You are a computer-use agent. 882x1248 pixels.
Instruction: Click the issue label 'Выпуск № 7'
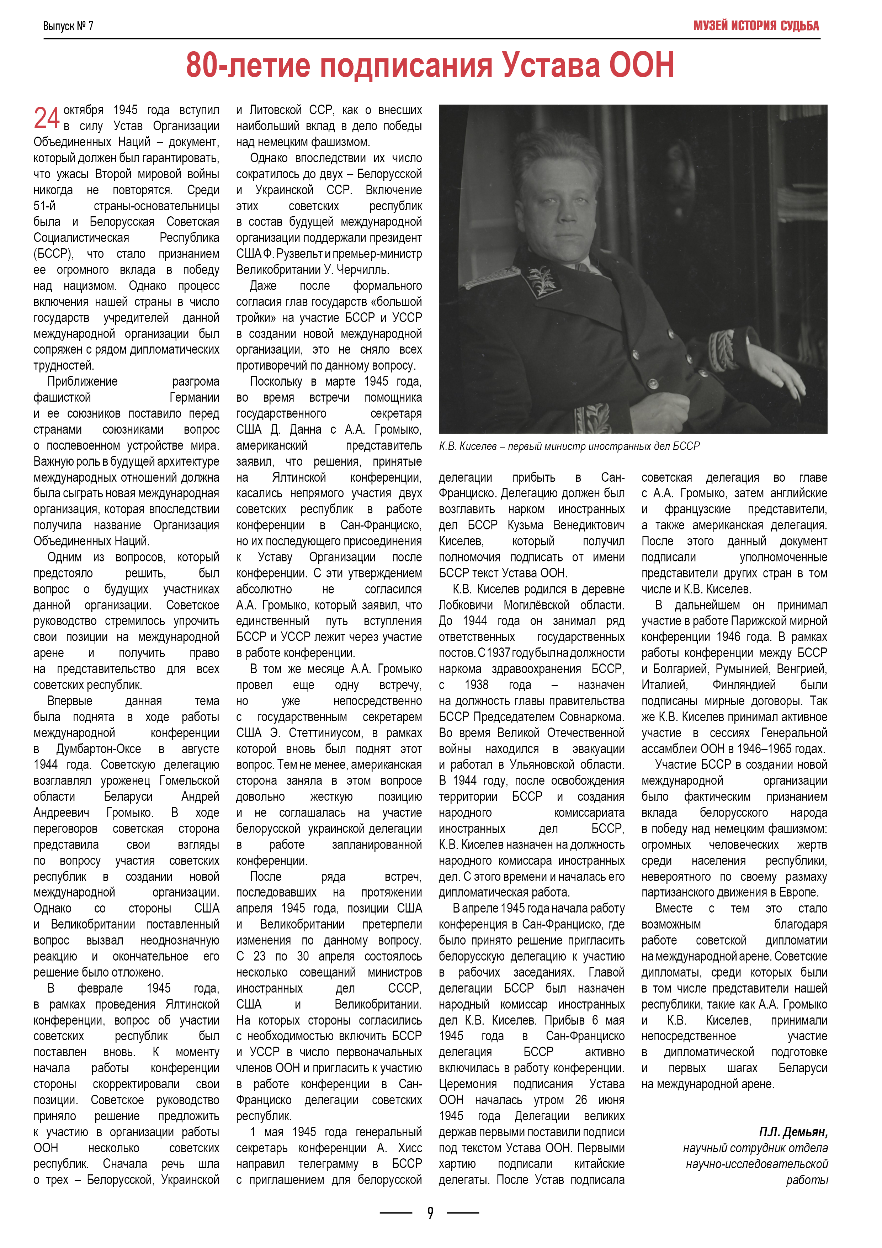coord(68,26)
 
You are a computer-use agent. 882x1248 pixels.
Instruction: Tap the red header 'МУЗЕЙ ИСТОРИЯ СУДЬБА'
coord(755,26)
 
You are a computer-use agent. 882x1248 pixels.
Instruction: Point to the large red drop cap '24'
coord(47,118)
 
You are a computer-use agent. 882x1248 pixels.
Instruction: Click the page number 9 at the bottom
coord(430,1213)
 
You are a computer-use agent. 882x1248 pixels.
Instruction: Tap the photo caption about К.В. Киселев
coord(569,446)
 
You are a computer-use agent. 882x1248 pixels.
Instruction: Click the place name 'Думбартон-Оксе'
coord(99,749)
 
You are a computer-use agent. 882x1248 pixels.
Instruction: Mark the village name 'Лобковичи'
coord(466,605)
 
